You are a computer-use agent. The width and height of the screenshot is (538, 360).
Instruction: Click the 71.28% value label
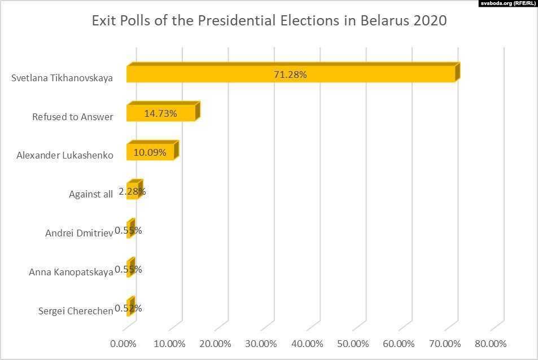290,74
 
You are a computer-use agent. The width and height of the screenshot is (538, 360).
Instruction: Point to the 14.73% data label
160,113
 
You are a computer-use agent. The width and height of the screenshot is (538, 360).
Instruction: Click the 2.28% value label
133,191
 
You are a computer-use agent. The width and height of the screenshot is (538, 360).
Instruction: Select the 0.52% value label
128,308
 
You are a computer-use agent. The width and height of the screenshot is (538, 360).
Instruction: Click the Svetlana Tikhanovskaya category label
62,78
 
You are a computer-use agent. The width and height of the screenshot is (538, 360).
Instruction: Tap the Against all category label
91,195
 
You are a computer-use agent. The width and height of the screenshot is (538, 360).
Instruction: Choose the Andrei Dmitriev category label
79,233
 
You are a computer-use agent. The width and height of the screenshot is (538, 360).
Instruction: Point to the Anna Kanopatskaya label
71,272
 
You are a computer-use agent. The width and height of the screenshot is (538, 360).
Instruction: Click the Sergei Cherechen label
76,311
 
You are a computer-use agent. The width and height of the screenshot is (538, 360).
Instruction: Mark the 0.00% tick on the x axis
124,344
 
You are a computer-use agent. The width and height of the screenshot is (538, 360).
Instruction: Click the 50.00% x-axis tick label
352,344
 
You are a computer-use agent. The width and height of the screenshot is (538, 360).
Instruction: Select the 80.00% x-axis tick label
490,344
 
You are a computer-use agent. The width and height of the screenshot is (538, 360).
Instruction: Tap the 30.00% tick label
261,344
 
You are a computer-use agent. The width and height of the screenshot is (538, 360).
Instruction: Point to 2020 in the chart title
430,21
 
